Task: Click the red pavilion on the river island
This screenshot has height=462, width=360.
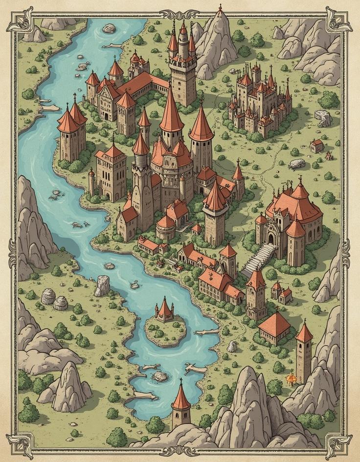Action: [x=165, y=310]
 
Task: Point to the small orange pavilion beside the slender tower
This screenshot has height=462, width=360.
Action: [x=292, y=377]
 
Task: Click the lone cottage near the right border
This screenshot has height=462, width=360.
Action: [x=317, y=145]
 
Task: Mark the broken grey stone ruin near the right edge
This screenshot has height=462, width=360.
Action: [x=323, y=117]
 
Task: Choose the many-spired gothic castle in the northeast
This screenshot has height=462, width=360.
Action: [x=260, y=100]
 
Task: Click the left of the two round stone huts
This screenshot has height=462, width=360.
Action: [x=48, y=296]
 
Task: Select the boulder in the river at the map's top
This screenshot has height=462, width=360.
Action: [x=109, y=28]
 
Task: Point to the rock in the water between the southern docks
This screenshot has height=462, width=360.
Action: [x=160, y=376]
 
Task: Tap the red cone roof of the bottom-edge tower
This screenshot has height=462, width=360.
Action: [x=181, y=397]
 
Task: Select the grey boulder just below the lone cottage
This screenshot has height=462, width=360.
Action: [x=296, y=164]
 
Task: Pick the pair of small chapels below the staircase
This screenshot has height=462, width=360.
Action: [x=281, y=293]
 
